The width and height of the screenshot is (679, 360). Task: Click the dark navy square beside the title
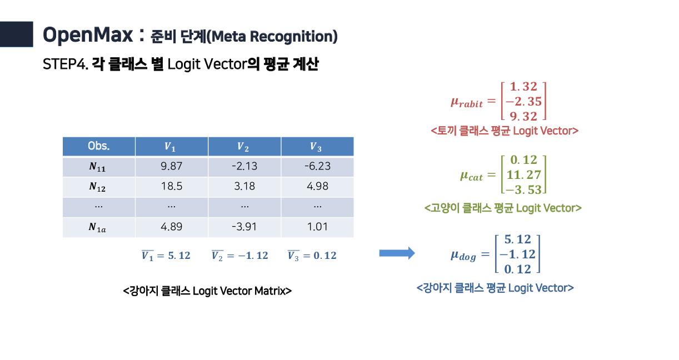click(16, 34)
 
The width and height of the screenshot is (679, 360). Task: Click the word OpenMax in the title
click(88, 35)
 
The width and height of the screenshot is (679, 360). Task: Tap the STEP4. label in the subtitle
click(66, 64)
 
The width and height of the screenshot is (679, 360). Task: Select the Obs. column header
click(99, 146)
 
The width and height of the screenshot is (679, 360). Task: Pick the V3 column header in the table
click(317, 146)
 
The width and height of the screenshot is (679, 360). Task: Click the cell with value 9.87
click(172, 166)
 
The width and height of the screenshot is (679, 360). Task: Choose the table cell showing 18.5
click(172, 186)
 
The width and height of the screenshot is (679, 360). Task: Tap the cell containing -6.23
click(317, 166)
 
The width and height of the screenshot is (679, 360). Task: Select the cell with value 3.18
click(244, 186)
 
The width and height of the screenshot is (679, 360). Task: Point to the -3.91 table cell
click(244, 227)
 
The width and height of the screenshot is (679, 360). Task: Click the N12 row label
click(97, 187)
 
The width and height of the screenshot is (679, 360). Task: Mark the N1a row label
click(97, 227)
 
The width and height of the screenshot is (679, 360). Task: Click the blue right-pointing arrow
click(397, 253)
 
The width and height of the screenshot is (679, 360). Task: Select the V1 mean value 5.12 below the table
click(166, 256)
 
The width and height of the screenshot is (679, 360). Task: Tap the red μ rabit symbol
click(467, 102)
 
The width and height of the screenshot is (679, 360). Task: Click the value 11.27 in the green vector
click(524, 175)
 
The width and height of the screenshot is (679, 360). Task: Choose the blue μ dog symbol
click(463, 256)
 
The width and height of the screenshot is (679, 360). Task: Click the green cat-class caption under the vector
click(503, 208)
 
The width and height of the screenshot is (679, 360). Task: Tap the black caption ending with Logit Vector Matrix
click(207, 291)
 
